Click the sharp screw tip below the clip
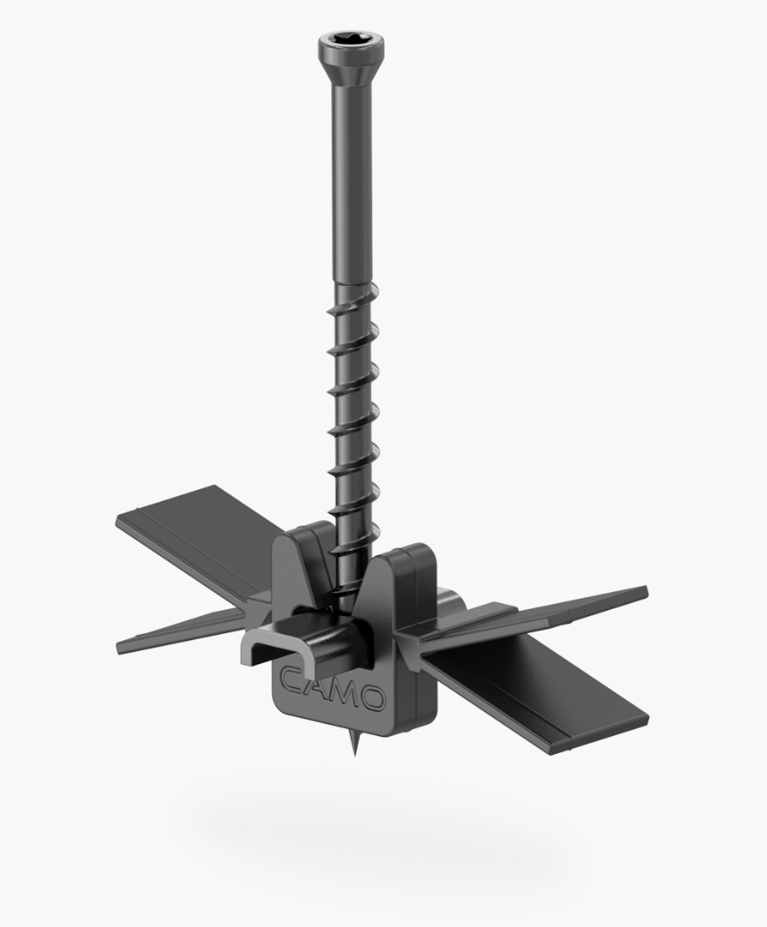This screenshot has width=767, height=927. [357, 745]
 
